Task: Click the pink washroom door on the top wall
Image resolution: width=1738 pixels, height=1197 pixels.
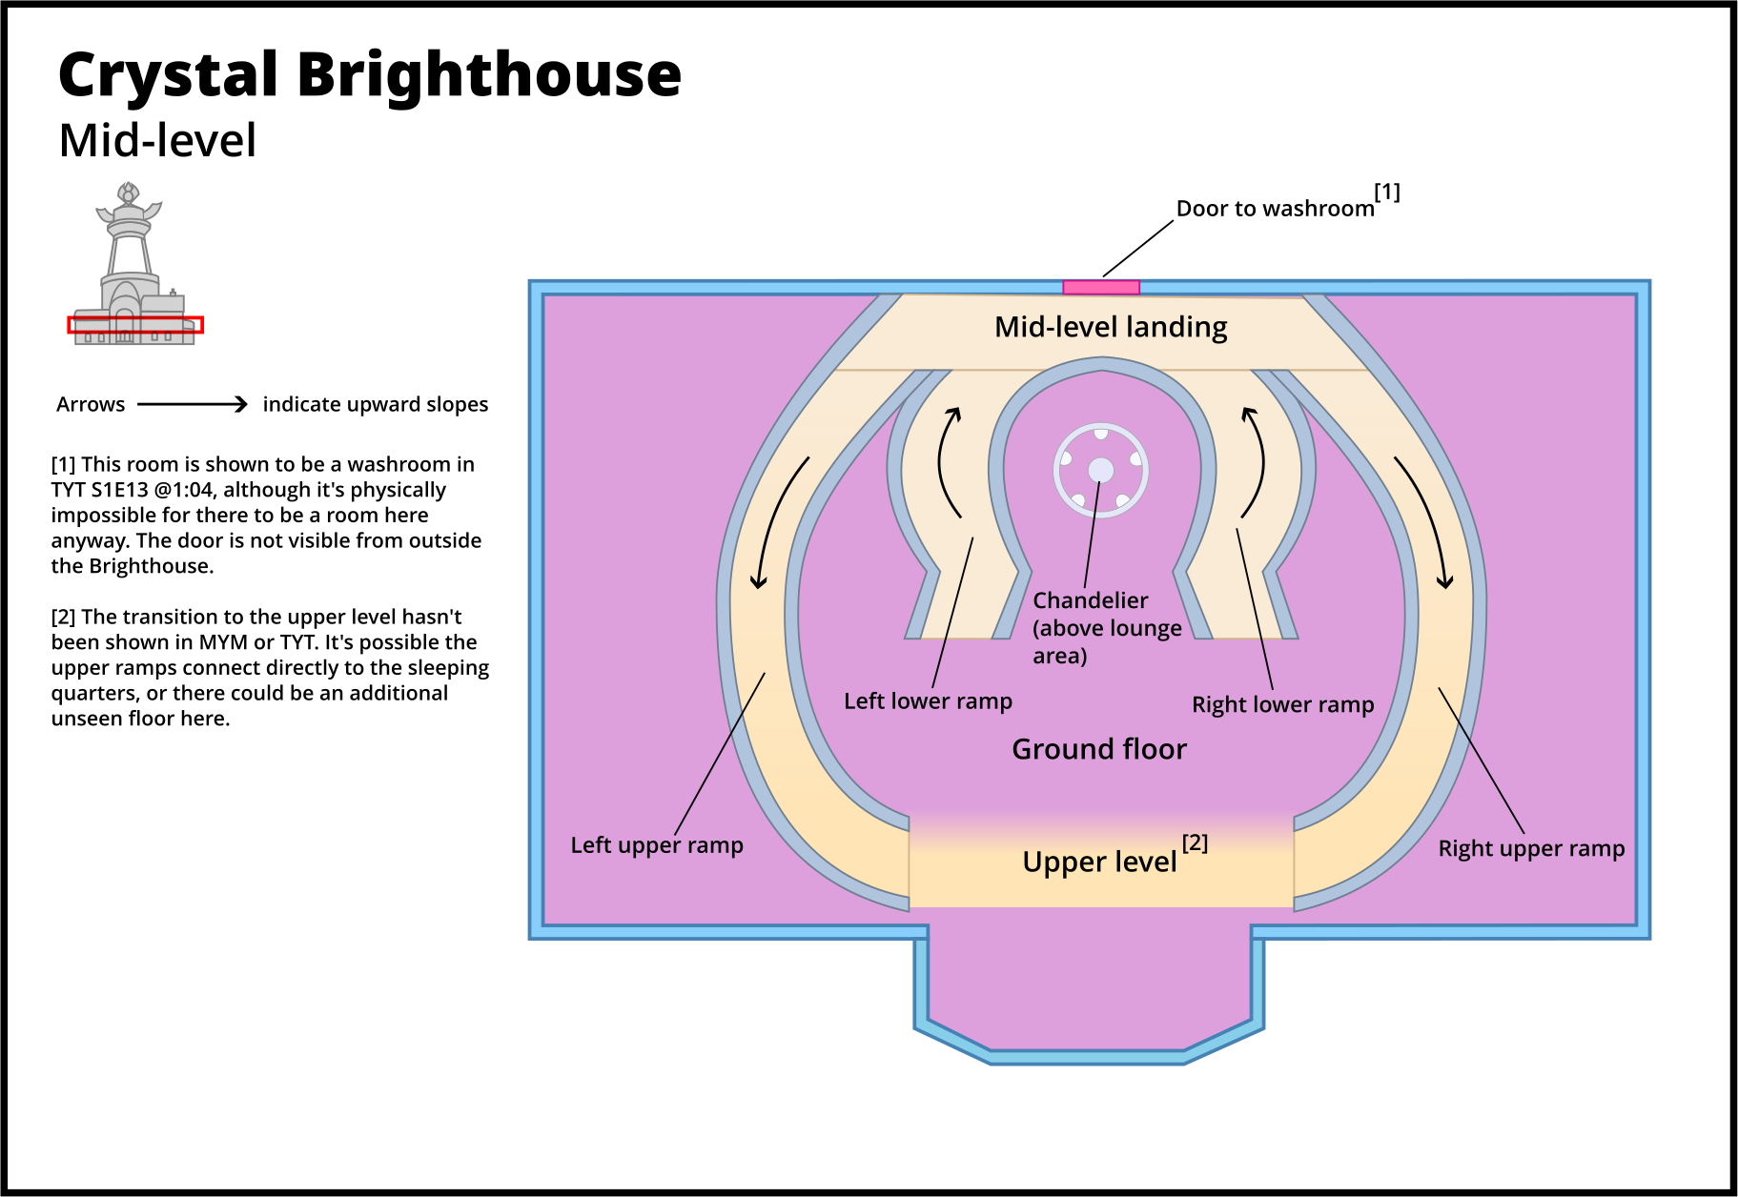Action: pos(1101,287)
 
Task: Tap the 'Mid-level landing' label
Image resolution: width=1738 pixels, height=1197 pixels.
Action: pos(1111,327)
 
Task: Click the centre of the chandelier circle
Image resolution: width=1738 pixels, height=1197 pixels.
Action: pos(1101,470)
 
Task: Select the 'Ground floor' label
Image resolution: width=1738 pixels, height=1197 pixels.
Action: pos(1099,749)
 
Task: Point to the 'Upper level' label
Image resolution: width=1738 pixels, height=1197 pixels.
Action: pos(1099,862)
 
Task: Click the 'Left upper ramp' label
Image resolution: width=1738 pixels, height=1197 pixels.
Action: pos(657,845)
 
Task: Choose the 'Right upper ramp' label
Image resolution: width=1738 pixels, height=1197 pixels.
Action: pos(1531,848)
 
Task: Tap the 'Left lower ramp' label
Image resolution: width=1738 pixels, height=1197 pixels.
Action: pos(928,701)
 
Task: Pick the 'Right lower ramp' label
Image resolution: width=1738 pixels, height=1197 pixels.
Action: pos(1282,704)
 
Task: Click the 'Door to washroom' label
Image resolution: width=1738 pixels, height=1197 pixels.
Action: pos(1275,209)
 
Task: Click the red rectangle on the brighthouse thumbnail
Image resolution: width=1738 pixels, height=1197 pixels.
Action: pos(135,325)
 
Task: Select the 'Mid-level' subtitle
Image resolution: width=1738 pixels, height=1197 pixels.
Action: pos(157,141)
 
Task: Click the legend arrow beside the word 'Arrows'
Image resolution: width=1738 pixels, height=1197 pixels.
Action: pos(193,405)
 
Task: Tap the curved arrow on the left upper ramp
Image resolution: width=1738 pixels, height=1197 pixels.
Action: pos(777,519)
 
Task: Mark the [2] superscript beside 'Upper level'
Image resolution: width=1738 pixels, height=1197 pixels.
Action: pos(1195,842)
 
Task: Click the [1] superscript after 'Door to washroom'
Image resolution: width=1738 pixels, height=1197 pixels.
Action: pos(1387,192)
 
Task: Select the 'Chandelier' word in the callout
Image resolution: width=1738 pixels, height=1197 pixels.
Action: pos(1091,600)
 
